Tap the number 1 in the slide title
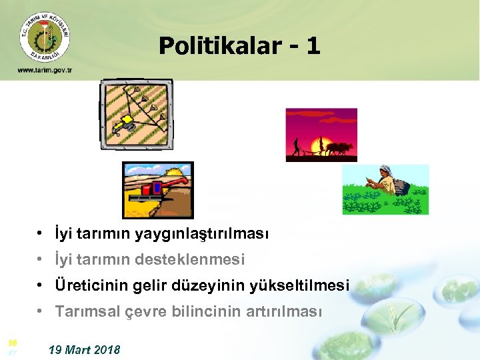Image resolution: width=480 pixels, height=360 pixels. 313,46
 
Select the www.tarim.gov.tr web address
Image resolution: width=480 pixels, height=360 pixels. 45,70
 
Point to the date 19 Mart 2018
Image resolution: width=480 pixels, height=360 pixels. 85,349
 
